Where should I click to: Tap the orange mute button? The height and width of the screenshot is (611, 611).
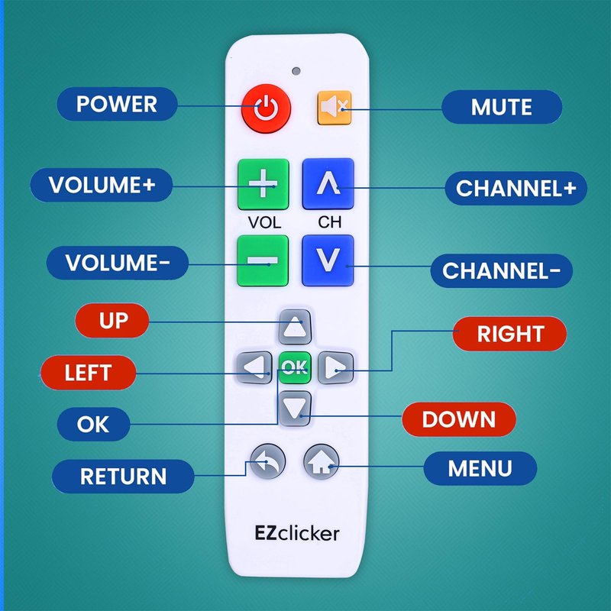(x=334, y=108)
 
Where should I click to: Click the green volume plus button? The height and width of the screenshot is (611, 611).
(x=263, y=184)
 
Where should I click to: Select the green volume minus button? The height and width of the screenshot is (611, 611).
(x=263, y=260)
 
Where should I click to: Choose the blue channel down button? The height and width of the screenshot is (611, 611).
(x=328, y=260)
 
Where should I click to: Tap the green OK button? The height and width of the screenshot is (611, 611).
(x=294, y=368)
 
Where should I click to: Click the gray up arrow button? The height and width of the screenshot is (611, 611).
(x=294, y=326)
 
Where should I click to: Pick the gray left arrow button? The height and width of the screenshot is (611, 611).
(x=253, y=368)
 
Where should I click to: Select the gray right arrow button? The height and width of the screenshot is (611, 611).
(x=335, y=368)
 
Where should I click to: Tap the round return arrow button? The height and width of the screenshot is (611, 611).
(x=267, y=461)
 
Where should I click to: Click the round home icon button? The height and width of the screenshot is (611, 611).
(x=322, y=461)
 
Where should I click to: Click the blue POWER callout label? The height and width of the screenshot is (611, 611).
(x=116, y=104)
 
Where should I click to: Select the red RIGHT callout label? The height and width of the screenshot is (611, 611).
(x=510, y=334)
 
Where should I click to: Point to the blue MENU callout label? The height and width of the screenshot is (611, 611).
(x=480, y=467)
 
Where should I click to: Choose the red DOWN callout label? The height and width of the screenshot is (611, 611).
(x=459, y=419)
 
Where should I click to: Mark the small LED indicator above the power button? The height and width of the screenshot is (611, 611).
(x=295, y=72)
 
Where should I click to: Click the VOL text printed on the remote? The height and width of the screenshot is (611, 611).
(x=263, y=223)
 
